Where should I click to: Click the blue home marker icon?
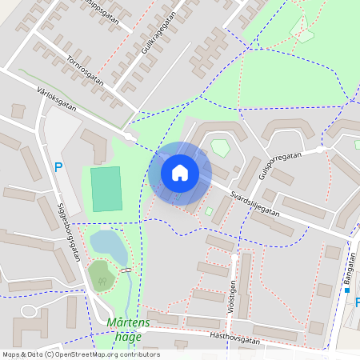coord(180,173)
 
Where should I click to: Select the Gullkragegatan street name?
coord(158,38)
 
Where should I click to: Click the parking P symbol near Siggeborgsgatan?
coord(57,167)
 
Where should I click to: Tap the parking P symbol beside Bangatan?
coord(357,302)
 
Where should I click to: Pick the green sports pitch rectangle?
coord(106,189)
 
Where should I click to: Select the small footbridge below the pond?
coord(126,270)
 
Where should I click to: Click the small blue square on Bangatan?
coord(347,290)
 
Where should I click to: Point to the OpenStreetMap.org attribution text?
coord(104,354)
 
